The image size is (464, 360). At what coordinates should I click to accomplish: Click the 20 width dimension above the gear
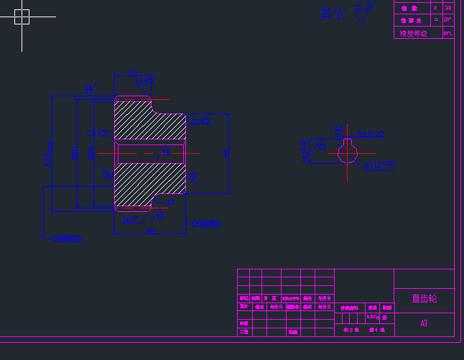[x=134, y=73]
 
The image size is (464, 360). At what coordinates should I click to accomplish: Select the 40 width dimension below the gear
[x=149, y=231]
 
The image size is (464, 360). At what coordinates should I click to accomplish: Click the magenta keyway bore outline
[x=348, y=151]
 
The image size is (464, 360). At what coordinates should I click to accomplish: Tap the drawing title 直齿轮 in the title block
[x=424, y=298]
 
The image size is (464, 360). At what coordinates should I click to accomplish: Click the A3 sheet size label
[x=424, y=323]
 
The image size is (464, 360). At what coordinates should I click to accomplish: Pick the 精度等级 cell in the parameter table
[x=413, y=33]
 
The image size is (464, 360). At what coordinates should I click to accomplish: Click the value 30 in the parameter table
[x=448, y=8]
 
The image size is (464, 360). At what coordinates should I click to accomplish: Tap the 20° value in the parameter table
[x=448, y=20]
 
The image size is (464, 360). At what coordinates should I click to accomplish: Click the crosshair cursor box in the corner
[x=22, y=16]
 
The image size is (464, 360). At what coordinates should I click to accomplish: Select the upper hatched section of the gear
[x=149, y=120]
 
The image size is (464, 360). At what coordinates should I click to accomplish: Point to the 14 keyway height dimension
[x=305, y=151]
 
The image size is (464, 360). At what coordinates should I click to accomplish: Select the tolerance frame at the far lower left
[x=66, y=239]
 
